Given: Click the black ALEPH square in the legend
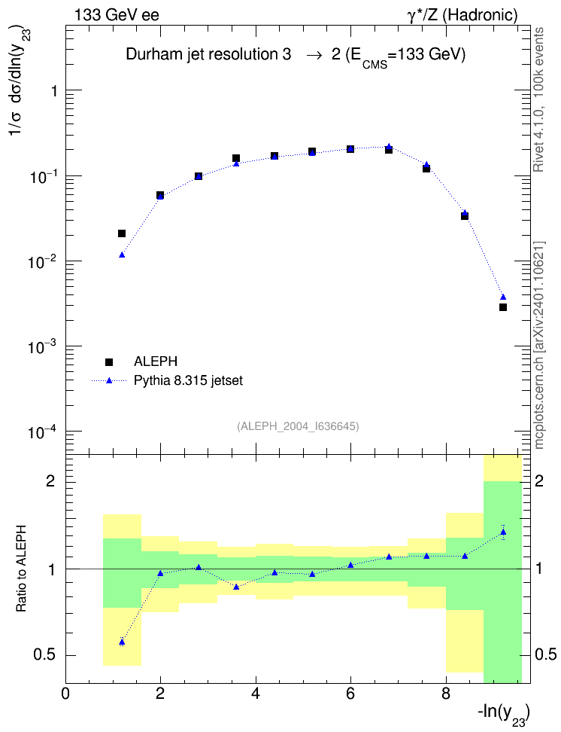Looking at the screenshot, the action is [x=109, y=361].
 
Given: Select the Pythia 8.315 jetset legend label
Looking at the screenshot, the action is [x=189, y=381].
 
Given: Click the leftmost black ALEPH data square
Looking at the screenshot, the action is [x=122, y=233].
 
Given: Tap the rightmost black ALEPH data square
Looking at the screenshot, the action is [x=502, y=307].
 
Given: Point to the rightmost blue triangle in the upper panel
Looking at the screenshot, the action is [x=502, y=297].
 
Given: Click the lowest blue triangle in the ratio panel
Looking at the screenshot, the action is [x=122, y=642].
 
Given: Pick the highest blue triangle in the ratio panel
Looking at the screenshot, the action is [x=502, y=532].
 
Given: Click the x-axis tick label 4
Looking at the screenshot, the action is [x=256, y=694].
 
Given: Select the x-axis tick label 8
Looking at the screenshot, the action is [x=446, y=694].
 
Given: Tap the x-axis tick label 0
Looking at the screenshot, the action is [x=65, y=694].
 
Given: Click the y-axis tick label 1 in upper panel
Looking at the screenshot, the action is [x=54, y=90].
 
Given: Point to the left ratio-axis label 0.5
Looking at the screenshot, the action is [x=45, y=655].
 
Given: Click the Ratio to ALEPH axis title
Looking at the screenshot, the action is [x=21, y=569].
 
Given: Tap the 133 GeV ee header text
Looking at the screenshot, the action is [x=117, y=15].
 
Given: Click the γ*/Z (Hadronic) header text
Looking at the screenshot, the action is [x=462, y=15].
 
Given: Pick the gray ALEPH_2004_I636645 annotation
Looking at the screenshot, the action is [x=298, y=426].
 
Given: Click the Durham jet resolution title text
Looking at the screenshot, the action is [x=296, y=56].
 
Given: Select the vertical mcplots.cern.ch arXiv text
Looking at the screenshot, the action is [x=539, y=346].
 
